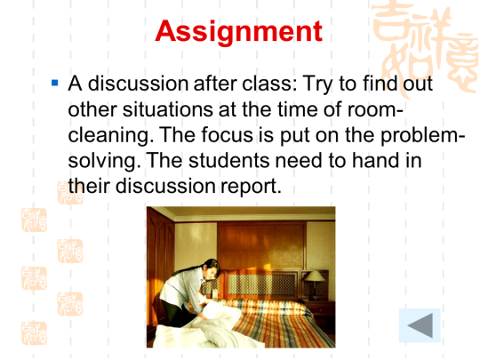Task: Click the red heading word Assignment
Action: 239,32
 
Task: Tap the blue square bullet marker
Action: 55,83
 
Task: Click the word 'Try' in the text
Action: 317,84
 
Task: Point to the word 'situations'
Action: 167,109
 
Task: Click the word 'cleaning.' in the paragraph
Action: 110,136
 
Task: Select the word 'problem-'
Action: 423,136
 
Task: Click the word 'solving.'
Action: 104,162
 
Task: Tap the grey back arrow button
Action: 420,325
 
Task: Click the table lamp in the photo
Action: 314,284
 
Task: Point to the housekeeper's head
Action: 212,268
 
